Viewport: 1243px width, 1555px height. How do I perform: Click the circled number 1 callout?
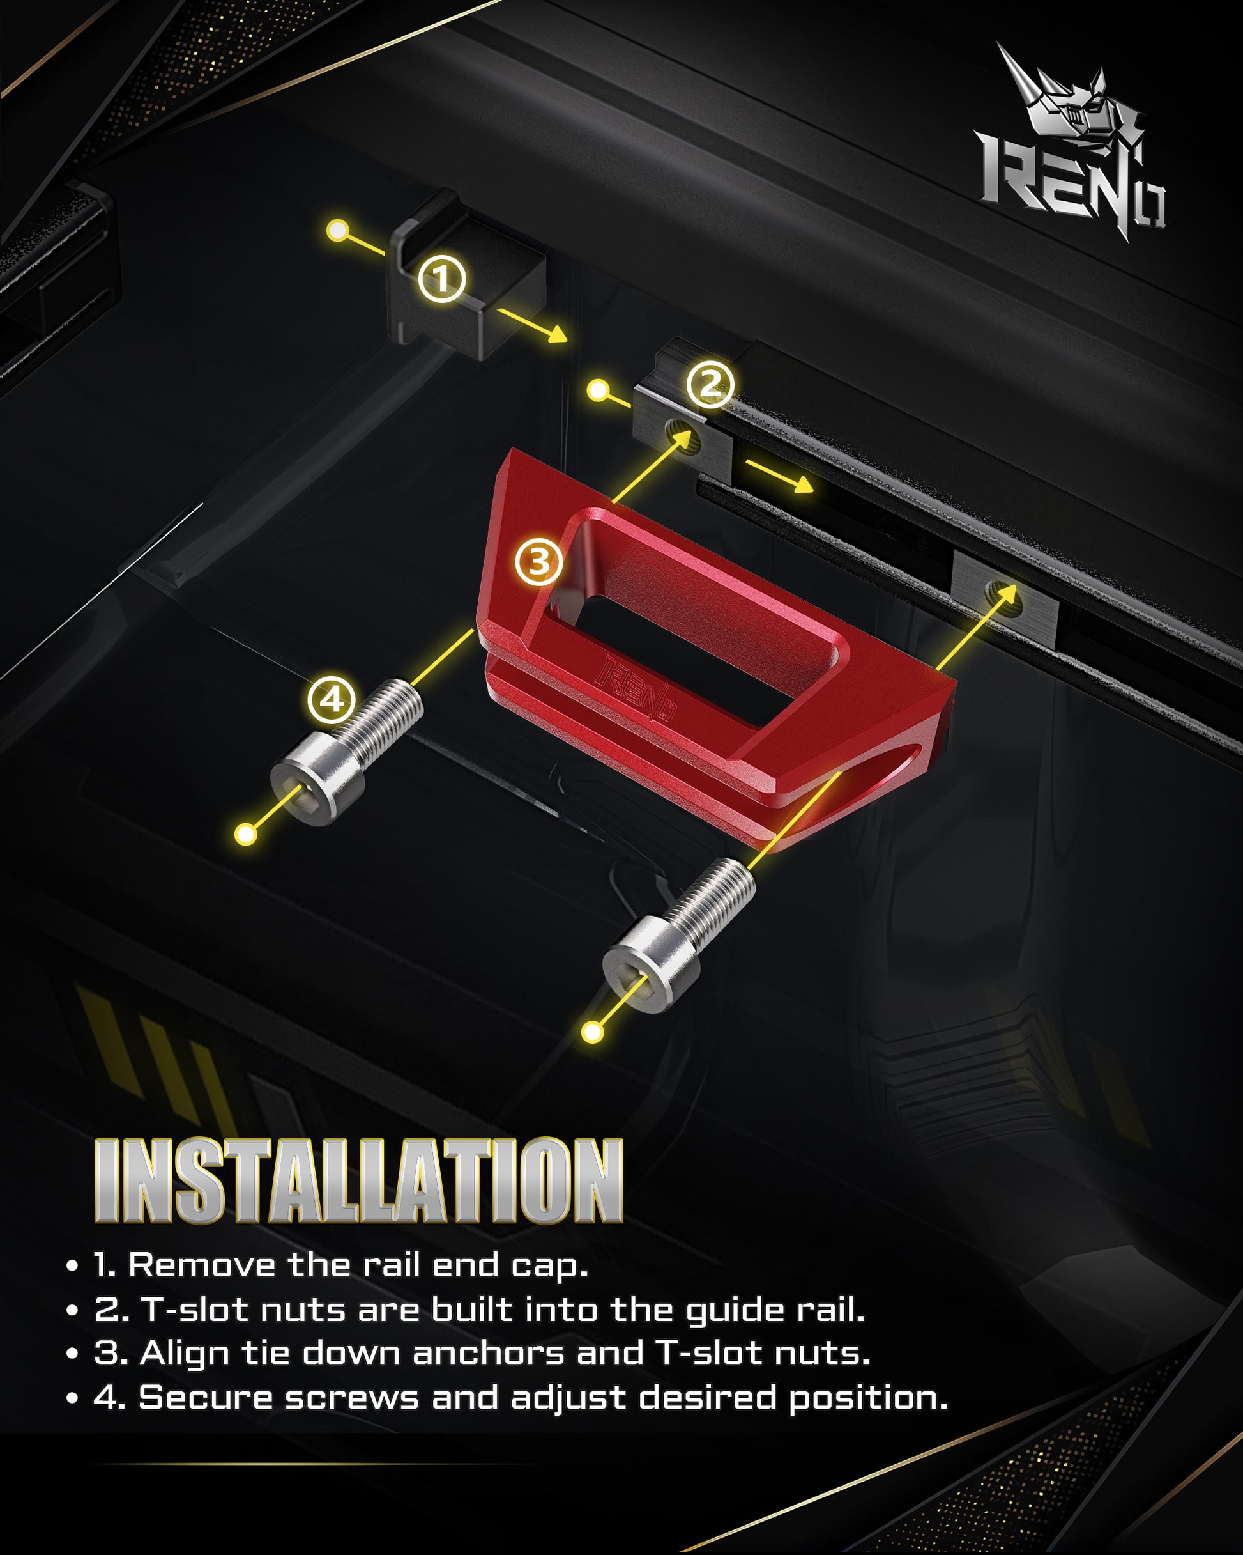tap(442, 279)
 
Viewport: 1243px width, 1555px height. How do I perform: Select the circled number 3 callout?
tap(539, 562)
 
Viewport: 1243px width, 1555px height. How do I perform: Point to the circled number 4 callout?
tap(332, 700)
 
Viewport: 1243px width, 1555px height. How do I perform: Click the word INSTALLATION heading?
tap(359, 1180)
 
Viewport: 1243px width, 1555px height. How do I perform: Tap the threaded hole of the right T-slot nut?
tap(1003, 598)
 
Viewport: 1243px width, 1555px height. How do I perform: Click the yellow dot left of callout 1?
tap(337, 231)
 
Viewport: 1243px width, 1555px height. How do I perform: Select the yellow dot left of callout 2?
tap(598, 391)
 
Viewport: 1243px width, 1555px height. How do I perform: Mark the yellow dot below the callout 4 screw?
tap(247, 835)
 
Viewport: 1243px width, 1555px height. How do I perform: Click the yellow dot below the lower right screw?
tap(593, 1032)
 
